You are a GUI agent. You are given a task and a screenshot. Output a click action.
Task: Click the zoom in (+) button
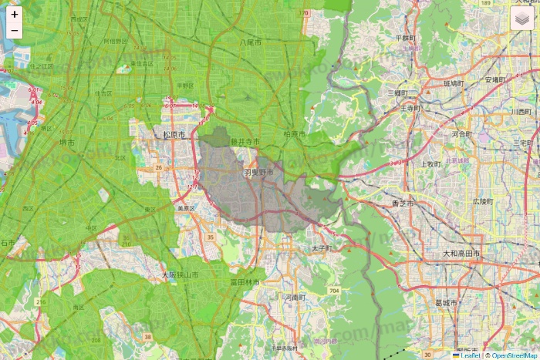(x=15, y=15)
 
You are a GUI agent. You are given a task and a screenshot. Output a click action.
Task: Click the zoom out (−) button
(x=15, y=31)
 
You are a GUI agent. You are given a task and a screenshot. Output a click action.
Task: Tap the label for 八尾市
(x=251, y=42)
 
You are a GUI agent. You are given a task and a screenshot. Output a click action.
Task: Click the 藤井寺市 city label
(x=245, y=142)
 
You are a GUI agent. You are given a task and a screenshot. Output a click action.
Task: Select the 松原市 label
(x=175, y=135)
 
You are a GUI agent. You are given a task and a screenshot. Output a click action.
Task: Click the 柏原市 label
(x=295, y=135)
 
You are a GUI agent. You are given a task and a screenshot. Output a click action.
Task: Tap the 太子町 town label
(x=321, y=249)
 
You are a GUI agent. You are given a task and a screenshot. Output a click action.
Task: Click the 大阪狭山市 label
(x=180, y=274)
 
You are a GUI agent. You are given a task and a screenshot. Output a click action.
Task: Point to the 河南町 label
(x=295, y=297)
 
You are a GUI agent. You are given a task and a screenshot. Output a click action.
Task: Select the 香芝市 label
(x=403, y=204)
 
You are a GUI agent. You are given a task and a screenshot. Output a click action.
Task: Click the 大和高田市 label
(x=461, y=254)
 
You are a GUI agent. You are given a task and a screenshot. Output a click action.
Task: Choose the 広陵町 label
(x=481, y=201)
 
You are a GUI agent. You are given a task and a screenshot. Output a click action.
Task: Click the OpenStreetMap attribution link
(x=514, y=355)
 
